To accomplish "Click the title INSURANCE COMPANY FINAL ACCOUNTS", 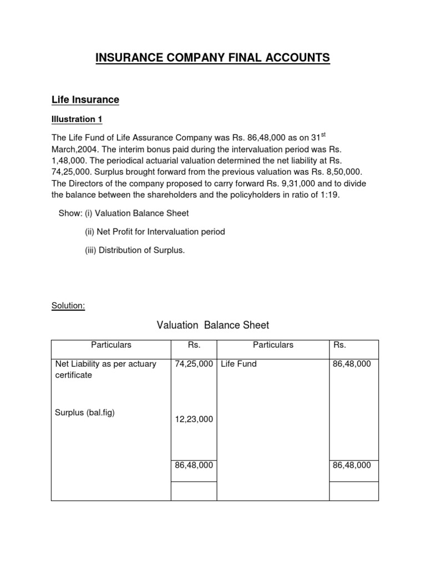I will (x=212, y=58).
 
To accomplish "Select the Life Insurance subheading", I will (x=85, y=100).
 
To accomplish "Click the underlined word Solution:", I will (x=68, y=306).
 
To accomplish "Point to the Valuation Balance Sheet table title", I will (x=213, y=325).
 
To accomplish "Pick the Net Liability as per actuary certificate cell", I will (x=105, y=369).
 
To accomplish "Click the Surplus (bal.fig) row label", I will (x=85, y=413).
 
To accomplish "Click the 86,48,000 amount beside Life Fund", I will (x=352, y=364).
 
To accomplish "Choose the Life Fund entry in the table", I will (x=239, y=364).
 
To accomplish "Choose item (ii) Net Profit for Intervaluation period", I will (x=155, y=232).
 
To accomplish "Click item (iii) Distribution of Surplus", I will (x=135, y=250).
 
